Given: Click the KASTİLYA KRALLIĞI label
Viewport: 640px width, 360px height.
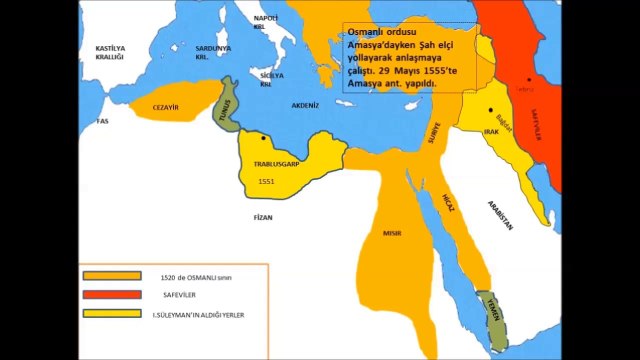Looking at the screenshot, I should [x=108, y=52].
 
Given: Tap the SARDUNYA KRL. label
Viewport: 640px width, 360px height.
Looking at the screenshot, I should [x=213, y=51].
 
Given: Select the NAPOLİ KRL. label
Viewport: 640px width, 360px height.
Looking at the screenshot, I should [x=265, y=22].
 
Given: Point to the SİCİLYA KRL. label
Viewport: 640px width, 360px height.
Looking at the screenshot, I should [x=266, y=80].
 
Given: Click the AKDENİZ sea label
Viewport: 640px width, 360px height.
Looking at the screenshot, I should [x=305, y=104].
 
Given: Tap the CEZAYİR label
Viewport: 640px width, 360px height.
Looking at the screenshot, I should [x=166, y=106].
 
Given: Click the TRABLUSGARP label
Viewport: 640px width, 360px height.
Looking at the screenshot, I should [x=272, y=162].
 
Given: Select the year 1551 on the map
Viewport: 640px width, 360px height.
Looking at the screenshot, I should [x=265, y=182].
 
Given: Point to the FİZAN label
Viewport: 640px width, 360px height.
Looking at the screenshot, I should [x=263, y=215].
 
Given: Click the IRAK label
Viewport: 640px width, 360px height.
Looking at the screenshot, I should [x=491, y=131].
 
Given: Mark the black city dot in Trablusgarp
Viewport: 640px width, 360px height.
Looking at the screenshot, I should [x=263, y=137].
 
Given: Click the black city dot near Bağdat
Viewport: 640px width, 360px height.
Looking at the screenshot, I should [x=491, y=109].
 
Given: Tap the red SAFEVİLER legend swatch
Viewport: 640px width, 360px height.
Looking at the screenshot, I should [x=111, y=293].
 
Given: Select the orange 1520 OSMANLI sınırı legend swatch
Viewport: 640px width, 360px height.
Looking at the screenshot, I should [x=111, y=274].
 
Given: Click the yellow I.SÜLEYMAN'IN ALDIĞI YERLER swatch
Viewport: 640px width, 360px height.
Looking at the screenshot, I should [x=111, y=313].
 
